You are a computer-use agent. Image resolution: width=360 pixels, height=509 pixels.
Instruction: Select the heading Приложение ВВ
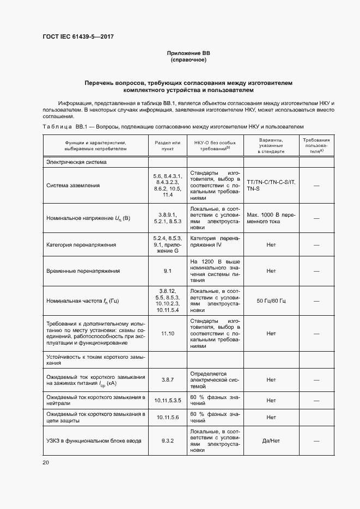188,53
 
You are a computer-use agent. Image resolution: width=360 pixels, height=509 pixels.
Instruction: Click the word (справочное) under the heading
188,60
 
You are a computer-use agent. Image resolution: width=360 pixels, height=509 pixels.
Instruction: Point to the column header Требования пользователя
316,144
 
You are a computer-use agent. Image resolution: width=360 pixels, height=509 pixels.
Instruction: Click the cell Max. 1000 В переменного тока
271,218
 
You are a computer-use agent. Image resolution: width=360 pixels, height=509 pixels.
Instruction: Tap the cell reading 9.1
168,271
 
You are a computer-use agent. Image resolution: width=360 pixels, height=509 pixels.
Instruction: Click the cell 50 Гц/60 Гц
271,301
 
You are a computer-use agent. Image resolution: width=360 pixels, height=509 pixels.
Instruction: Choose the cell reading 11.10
168,333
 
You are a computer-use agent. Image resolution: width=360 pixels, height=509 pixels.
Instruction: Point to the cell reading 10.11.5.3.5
168,400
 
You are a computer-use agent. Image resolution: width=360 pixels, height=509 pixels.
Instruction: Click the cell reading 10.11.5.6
168,417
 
